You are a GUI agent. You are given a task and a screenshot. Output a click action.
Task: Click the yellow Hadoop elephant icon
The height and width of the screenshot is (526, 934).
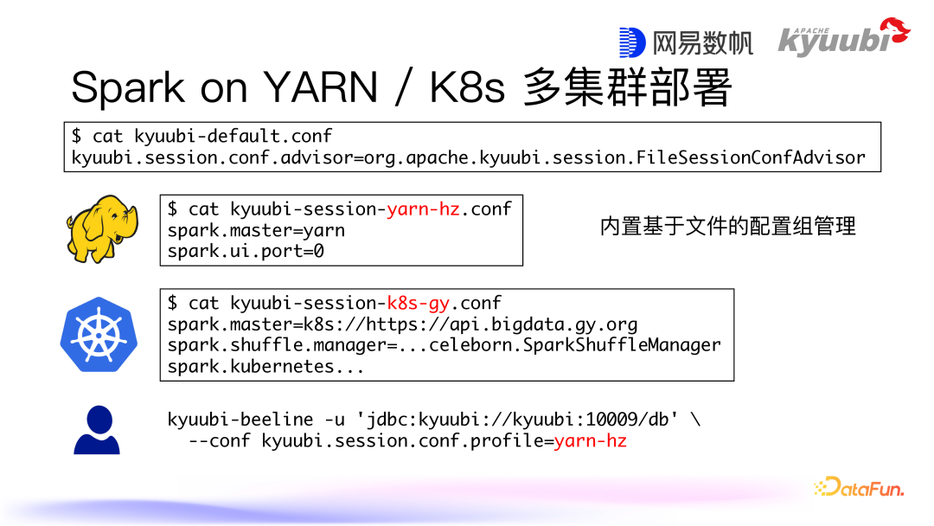[101, 228]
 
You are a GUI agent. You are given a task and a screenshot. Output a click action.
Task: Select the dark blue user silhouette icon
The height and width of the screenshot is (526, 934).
[96, 430]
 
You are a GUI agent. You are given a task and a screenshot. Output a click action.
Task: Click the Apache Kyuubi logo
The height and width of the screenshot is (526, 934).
[842, 38]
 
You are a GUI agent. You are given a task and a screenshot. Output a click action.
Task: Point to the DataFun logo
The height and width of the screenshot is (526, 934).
[858, 487]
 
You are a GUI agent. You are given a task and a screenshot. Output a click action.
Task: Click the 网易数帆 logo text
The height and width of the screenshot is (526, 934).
[687, 42]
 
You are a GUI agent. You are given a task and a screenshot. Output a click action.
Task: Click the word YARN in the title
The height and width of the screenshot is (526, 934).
[321, 87]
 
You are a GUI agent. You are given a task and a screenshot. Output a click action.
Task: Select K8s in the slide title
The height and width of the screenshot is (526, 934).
[467, 87]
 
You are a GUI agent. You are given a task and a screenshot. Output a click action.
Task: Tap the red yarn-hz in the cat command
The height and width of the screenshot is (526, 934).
[423, 208]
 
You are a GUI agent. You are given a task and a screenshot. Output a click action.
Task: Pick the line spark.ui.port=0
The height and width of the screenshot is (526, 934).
[246, 251]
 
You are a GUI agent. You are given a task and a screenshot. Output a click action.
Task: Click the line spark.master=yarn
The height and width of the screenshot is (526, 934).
[256, 230]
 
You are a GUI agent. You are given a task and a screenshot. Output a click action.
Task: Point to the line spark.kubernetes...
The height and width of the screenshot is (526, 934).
[265, 366]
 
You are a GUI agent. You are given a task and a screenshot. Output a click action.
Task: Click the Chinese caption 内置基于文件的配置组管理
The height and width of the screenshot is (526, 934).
[727, 227]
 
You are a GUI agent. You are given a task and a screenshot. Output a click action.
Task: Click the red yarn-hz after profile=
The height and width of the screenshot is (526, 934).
[590, 441]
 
